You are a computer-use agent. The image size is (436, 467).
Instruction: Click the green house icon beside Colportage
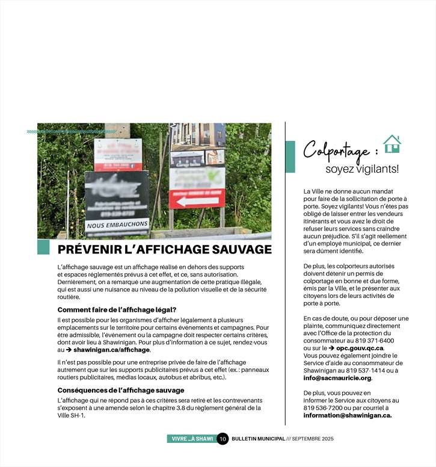[391, 144]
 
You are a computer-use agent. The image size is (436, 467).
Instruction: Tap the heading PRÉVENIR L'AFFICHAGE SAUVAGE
[164, 249]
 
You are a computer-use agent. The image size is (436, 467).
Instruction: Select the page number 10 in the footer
[223, 439]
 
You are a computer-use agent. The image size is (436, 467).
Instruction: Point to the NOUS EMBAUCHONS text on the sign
[117, 225]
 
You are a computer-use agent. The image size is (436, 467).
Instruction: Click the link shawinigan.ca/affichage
[112, 350]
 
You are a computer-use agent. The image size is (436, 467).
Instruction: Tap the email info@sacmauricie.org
[337, 378]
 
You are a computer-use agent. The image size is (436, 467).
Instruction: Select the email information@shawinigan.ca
[347, 415]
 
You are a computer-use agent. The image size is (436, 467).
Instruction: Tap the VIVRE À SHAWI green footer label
[192, 439]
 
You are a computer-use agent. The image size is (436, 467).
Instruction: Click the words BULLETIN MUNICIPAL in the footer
[258, 439]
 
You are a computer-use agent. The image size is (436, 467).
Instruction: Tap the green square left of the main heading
[43, 247]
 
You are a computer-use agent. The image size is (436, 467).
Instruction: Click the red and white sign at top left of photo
[118, 155]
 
